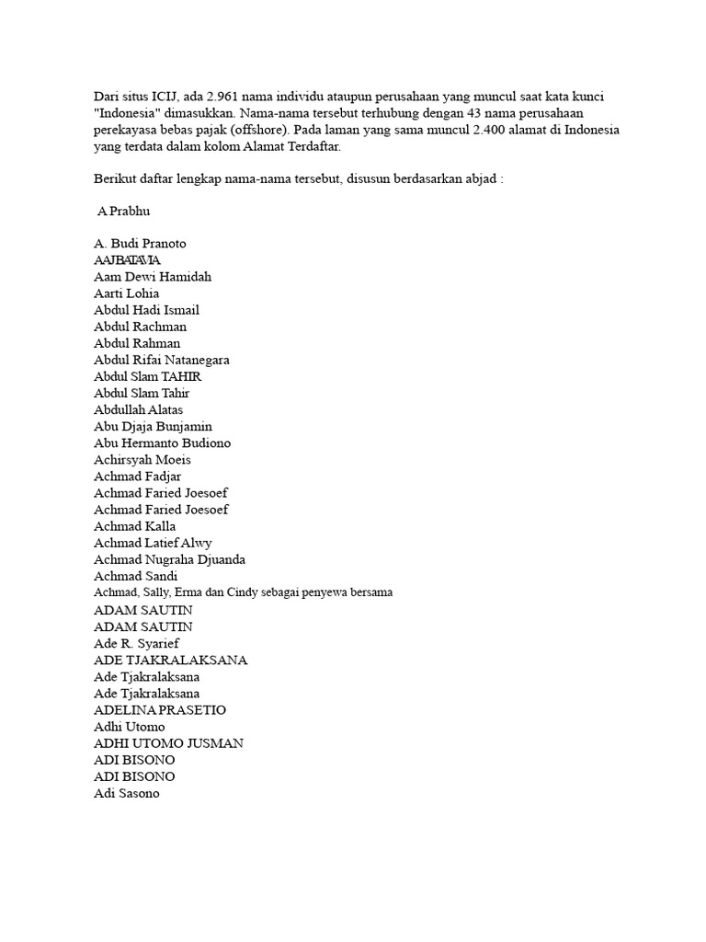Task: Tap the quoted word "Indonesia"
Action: pos(130,113)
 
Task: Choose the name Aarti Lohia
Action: pos(126,293)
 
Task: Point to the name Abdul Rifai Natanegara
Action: pos(162,360)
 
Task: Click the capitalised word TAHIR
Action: pos(182,376)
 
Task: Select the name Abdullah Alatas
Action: pos(139,409)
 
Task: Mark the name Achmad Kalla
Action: pos(135,525)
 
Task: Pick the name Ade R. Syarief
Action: pos(136,642)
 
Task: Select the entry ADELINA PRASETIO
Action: pos(160,709)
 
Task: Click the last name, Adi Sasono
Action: pos(127,793)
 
